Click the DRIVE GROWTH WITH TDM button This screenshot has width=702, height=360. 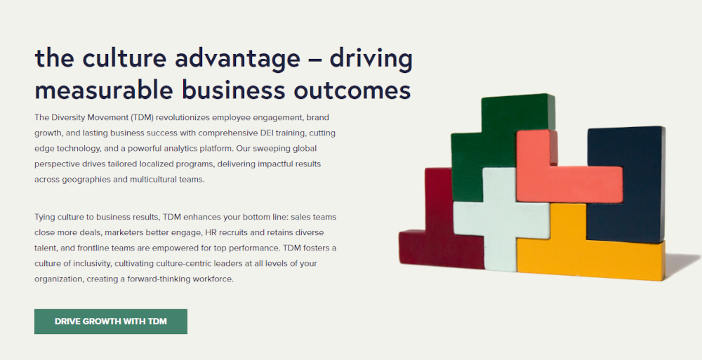(111, 321)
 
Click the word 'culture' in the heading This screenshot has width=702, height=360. (124, 58)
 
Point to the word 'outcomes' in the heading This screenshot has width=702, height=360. (352, 91)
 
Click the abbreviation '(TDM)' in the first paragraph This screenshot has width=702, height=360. (143, 118)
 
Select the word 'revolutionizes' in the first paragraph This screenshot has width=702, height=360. (183, 117)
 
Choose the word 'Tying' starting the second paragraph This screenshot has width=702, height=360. (44, 218)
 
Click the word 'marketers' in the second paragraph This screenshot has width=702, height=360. (121, 233)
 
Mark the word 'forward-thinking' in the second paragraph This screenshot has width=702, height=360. (157, 279)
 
